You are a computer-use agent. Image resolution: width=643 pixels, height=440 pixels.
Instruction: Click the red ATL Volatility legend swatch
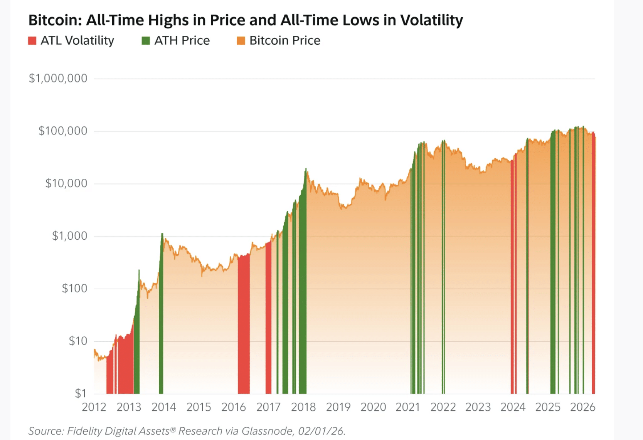[32, 40]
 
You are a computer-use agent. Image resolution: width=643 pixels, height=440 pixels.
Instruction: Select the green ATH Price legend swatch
[146, 40]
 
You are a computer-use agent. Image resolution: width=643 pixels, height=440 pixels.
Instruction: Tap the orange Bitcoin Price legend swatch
[241, 40]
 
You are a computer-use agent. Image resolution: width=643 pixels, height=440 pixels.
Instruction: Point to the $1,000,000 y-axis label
[58, 79]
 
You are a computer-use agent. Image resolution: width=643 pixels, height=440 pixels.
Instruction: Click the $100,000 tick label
[63, 131]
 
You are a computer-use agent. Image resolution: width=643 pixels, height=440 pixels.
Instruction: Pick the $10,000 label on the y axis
[66, 183]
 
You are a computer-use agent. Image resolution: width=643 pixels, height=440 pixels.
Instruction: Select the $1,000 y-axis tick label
[70, 236]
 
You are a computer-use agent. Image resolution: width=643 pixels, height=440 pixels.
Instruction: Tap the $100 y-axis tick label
[74, 288]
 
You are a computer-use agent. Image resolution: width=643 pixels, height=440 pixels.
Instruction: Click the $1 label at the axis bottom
[81, 393]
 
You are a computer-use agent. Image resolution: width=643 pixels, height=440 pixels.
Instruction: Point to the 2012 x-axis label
[94, 407]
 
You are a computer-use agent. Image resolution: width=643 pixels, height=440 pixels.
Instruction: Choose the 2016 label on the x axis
[234, 407]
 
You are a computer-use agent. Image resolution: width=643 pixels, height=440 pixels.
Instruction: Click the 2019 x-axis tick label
[338, 407]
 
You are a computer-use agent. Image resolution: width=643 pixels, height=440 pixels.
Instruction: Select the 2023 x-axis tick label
[478, 407]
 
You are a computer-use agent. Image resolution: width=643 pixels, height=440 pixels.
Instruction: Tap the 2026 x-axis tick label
[582, 407]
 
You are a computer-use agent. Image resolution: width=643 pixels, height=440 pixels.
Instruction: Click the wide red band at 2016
[244, 324]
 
